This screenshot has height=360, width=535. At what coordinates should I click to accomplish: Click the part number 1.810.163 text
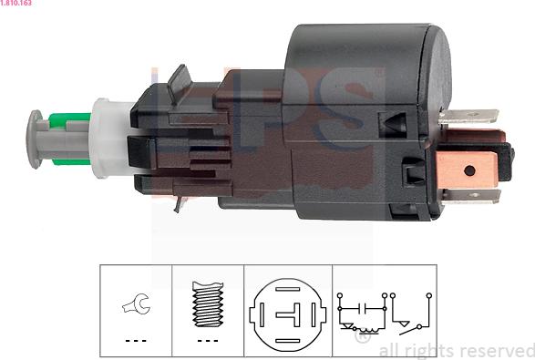coord(15,3)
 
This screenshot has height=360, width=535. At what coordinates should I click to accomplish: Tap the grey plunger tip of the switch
coord(34,139)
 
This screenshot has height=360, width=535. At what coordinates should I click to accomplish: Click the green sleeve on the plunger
coord(70,139)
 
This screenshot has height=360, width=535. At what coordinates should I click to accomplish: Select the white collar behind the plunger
coord(109,139)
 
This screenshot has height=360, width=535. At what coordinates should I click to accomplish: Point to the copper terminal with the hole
coord(467,170)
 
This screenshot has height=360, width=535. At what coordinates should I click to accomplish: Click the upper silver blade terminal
coord(468,117)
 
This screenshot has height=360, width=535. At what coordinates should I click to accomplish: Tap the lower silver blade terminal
coord(471,196)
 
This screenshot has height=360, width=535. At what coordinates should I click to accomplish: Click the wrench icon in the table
coord(137,303)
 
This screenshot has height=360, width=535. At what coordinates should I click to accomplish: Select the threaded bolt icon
coord(208,304)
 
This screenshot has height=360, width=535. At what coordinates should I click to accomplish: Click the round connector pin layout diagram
coord(287,314)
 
